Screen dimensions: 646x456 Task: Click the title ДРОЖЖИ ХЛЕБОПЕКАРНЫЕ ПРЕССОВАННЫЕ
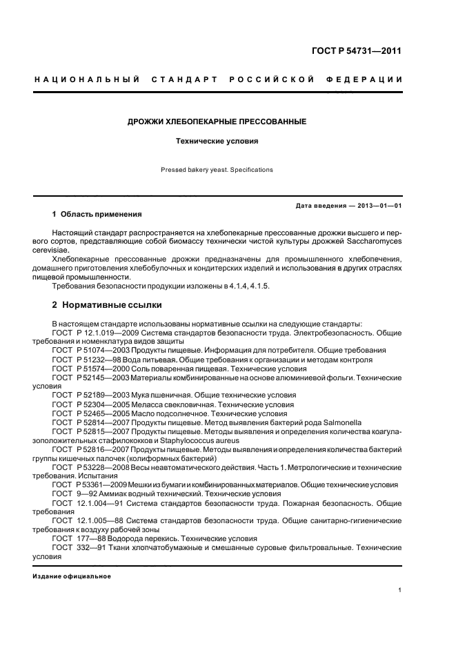[217, 121]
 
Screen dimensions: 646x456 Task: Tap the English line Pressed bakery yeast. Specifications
[217, 169]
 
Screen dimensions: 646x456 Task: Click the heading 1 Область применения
[97, 215]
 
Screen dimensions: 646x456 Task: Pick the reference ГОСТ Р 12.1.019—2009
[95, 333]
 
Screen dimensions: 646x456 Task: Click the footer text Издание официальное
[71, 576]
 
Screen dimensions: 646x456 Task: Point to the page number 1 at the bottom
[400, 590]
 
